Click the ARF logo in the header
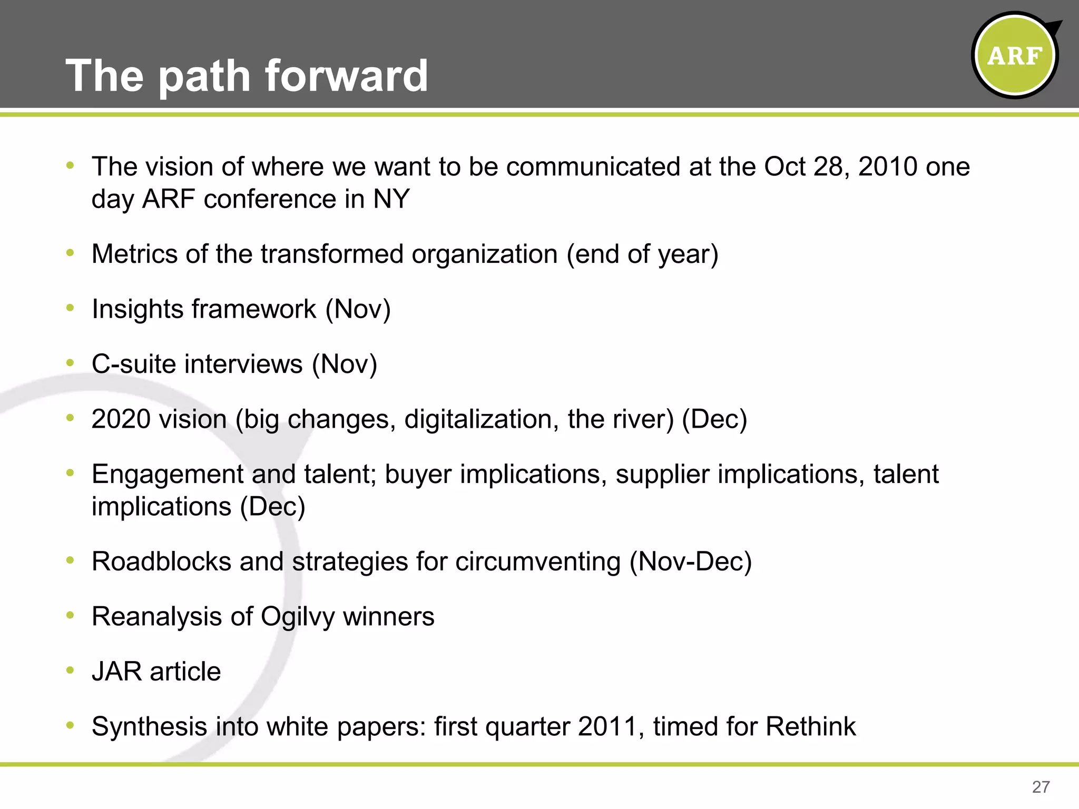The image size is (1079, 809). click(x=1014, y=55)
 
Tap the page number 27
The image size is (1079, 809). click(x=1041, y=787)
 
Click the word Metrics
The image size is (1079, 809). click(x=134, y=254)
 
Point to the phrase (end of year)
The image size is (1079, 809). click(x=642, y=254)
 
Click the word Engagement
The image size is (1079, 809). click(x=166, y=474)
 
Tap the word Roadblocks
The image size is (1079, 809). click(x=161, y=561)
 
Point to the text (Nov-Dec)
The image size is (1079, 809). click(x=690, y=561)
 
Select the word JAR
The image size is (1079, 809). click(x=116, y=672)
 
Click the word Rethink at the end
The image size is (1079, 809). click(x=810, y=726)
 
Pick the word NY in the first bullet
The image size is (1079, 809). click(x=391, y=199)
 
